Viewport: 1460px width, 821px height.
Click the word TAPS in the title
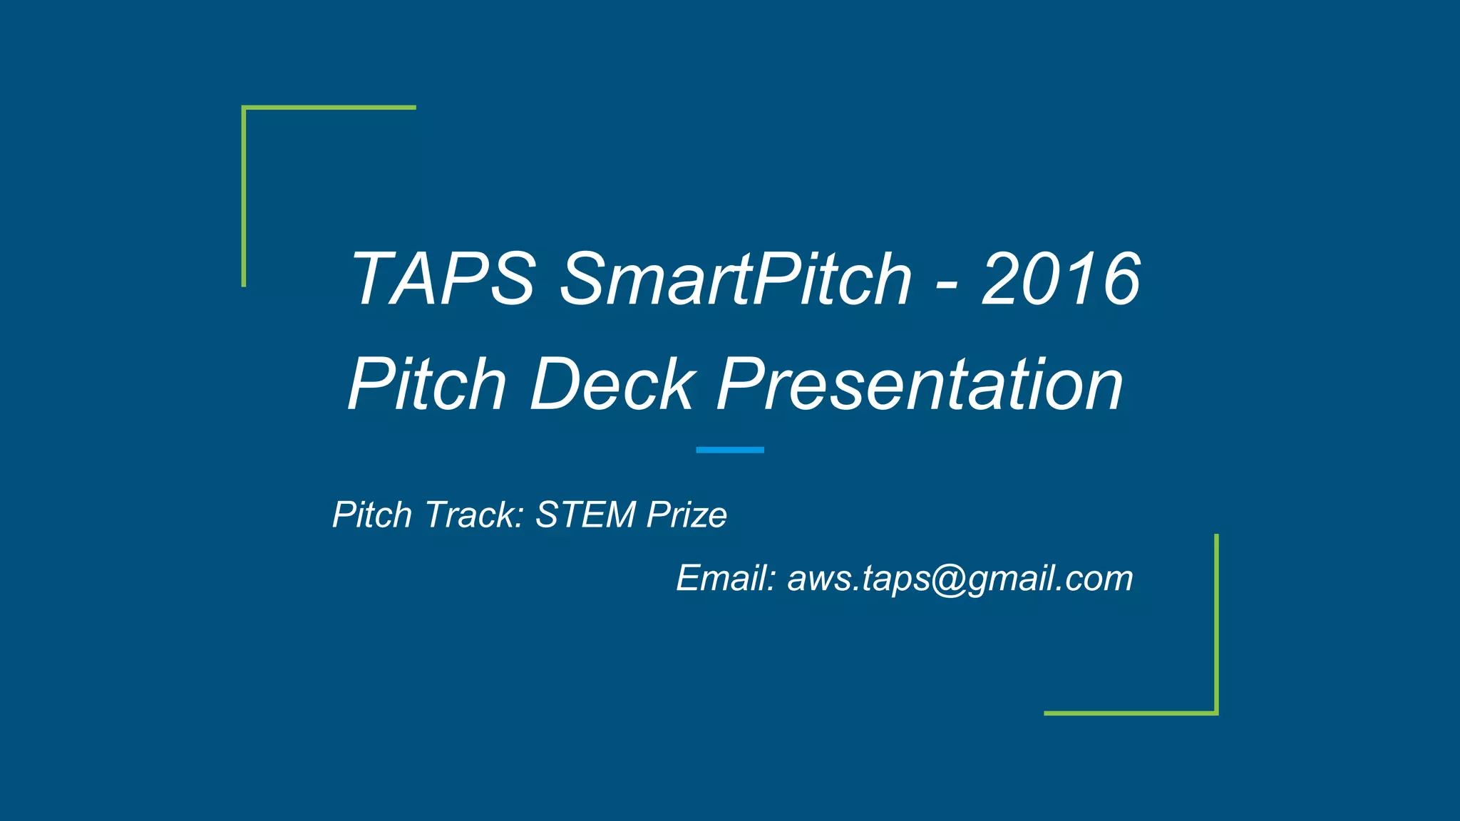[x=442, y=279]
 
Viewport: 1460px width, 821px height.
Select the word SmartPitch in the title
[x=736, y=279]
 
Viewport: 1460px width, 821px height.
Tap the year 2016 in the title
[x=1061, y=279]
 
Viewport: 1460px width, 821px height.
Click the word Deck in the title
[x=612, y=385]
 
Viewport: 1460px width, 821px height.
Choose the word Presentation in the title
[x=920, y=385]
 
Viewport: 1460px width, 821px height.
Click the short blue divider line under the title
[x=730, y=450]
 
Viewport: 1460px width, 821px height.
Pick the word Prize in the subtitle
[x=687, y=515]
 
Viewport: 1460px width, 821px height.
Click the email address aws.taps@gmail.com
[x=960, y=578]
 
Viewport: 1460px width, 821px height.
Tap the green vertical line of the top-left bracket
[x=244, y=197]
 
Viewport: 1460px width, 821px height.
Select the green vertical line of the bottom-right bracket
[x=1216, y=624]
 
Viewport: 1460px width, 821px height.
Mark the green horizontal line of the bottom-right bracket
[x=1131, y=713]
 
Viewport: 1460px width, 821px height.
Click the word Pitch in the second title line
[x=426, y=385]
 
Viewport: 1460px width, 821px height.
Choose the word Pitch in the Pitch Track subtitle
[x=372, y=515]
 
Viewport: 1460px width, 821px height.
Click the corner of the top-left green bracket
[x=245, y=108]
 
